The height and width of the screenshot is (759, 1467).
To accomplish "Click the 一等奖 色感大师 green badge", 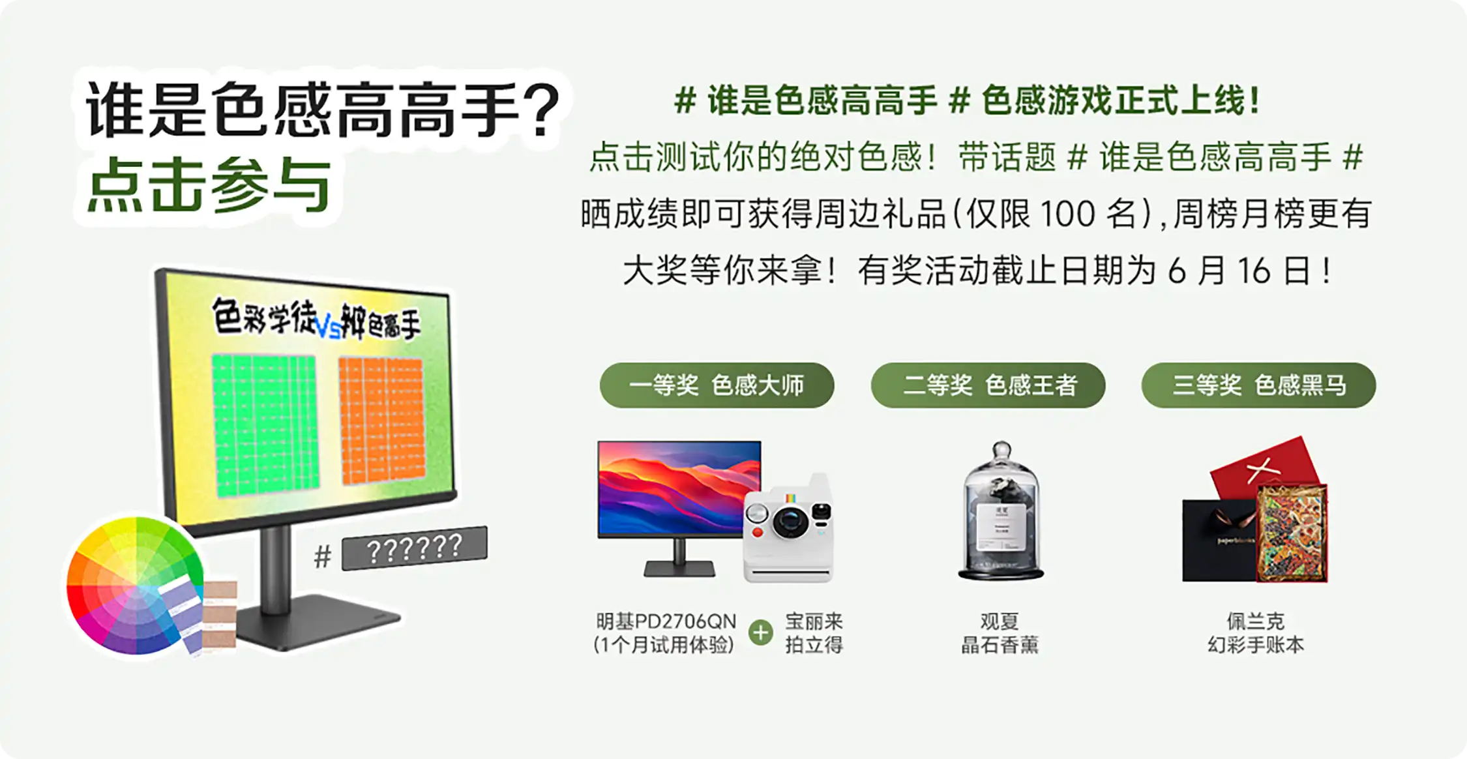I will [717, 385].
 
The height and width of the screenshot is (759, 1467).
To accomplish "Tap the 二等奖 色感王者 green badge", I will [988, 385].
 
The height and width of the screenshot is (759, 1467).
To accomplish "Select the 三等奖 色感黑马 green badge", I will [1258, 385].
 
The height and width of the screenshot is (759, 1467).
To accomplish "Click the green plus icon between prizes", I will [760, 632].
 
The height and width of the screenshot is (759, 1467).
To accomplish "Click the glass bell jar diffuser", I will [1001, 512].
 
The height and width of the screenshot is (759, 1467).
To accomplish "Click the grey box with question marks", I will [414, 548].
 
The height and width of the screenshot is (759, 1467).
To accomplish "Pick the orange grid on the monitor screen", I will [381, 421].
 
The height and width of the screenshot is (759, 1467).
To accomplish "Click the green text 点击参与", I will [209, 186].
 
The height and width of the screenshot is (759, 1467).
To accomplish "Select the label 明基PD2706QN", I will [666, 621].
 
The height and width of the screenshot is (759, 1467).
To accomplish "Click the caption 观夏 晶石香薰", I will [1000, 632].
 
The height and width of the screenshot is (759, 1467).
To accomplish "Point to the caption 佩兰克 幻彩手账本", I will [1256, 632].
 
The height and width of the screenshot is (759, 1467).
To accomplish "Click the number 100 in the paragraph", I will [1067, 214].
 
